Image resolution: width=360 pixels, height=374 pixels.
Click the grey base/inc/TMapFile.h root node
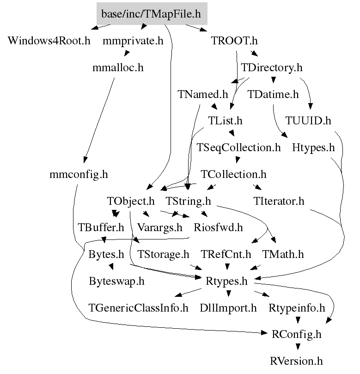152,14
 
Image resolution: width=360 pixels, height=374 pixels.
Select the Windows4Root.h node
49,41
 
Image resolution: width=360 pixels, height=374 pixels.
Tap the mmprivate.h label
133,41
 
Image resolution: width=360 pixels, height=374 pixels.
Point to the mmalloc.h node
118,67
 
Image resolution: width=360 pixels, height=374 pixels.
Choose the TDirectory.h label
271,67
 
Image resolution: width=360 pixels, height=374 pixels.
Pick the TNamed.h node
203,94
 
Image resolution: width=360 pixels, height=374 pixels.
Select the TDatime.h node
273,94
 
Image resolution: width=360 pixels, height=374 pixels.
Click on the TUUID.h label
308,121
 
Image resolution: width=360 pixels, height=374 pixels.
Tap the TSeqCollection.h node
238,148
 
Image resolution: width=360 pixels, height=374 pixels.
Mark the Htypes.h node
313,148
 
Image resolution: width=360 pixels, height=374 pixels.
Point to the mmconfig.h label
79,175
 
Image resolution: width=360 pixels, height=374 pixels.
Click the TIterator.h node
279,202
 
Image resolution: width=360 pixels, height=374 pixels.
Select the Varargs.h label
160,227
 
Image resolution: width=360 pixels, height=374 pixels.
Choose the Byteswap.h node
116,281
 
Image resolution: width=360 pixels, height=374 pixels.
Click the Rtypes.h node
226,281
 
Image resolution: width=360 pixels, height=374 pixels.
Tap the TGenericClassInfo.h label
139,307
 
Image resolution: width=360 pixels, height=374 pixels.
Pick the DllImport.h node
228,307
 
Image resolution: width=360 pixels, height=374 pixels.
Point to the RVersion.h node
297,361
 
